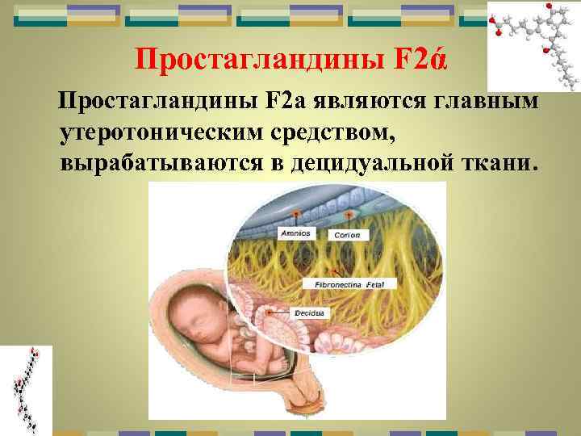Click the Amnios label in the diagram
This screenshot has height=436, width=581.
point(295,233)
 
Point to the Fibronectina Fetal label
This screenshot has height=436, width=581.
point(349,285)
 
